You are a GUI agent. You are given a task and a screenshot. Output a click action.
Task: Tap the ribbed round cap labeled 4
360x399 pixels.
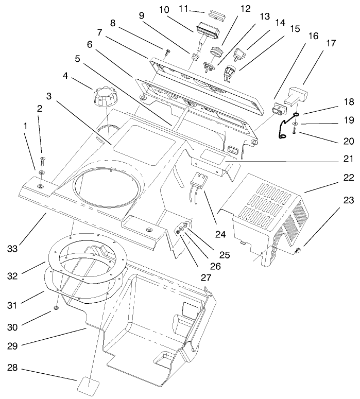(102, 96)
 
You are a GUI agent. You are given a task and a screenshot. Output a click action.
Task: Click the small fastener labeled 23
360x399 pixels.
(299, 251)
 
